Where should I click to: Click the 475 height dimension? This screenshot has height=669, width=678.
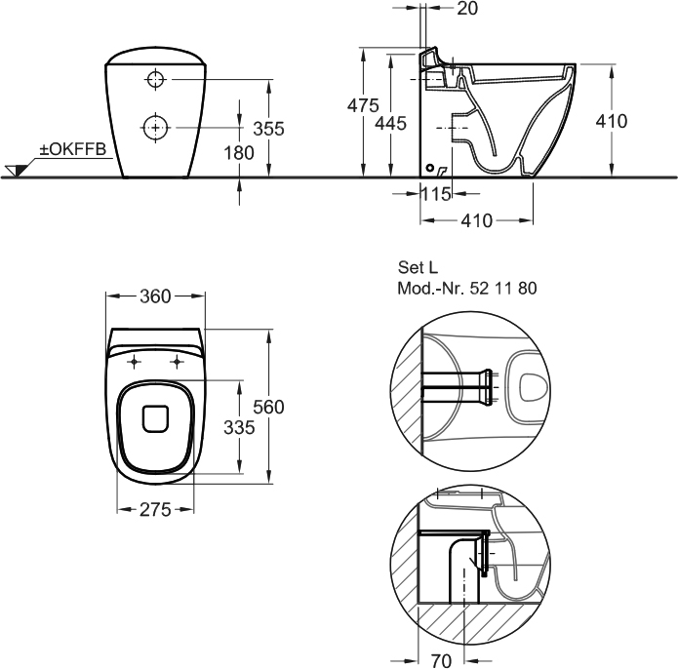tap(363, 105)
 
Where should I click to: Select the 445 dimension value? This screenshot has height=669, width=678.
tap(390, 124)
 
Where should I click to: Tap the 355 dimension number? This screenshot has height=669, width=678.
tap(268, 129)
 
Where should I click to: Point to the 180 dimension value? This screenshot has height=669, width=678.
tap(239, 153)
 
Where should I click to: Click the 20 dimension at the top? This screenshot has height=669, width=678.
tap(467, 8)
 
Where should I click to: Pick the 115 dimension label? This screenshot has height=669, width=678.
tap(436, 194)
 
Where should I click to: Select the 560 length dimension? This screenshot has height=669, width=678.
tap(268, 407)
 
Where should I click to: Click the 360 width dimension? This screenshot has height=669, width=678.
tap(155, 296)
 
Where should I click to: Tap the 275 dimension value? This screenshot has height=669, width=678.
tap(155, 510)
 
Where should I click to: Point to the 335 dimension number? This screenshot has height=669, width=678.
tap(239, 428)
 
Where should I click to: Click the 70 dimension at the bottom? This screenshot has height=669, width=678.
tap(441, 660)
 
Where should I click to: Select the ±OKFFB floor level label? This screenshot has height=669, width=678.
tap(72, 149)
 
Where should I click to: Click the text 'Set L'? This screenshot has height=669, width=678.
tap(418, 267)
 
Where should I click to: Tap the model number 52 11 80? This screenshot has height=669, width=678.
tap(502, 288)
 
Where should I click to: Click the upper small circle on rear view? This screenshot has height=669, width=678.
tap(155, 80)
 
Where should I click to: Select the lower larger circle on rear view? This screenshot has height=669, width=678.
tap(156, 128)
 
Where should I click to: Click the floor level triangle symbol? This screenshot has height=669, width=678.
tap(16, 171)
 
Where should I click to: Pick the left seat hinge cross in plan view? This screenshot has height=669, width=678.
tap(134, 361)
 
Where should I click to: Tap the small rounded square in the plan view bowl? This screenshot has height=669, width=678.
tap(155, 418)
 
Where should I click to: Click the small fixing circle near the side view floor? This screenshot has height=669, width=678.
tap(430, 168)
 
